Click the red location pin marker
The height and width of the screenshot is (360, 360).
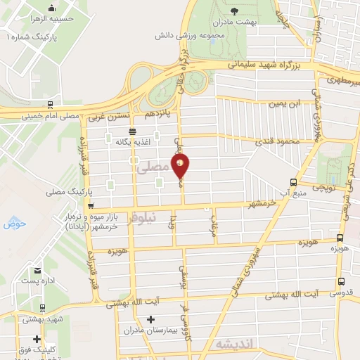click(x=181, y=166)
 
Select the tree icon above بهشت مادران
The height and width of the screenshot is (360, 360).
click(x=235, y=11)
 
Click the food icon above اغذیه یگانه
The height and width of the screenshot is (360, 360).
click(x=133, y=131)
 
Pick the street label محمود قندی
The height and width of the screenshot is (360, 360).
click(x=282, y=142)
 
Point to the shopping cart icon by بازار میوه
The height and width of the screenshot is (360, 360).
click(x=91, y=205)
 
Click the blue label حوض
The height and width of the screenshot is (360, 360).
click(x=14, y=224)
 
